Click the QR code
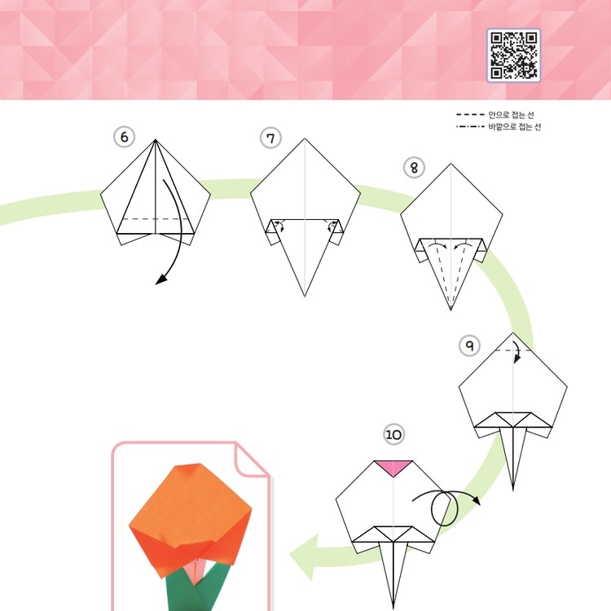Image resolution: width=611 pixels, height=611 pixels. coord(513,55)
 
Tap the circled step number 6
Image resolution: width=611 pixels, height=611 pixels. coord(124,137)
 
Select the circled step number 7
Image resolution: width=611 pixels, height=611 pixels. coord(270,138)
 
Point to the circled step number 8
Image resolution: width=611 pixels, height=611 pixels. coord(414,168)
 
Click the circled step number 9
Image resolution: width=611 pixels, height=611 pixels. coord(469,345)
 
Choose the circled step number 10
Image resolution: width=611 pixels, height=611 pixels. coord(393,434)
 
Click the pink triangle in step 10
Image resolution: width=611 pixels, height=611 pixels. coord(393,468)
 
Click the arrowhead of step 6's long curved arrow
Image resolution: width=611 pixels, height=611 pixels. coord(161,279)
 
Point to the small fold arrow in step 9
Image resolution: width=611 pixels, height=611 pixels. coord(516,351)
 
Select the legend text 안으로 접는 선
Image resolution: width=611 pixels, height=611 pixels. coord(511,115)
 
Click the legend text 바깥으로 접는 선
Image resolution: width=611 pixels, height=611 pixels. coord(515,126)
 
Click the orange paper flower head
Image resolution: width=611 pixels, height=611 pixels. coord(190,518)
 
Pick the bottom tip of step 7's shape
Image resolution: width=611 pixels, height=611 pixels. coord(305,297)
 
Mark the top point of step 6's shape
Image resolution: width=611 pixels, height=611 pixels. coord(156,139)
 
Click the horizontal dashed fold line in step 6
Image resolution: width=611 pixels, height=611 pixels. coord(155,219)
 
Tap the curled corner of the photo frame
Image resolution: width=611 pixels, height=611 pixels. coord(253,459)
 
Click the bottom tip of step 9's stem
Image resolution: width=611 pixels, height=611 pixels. coord(512,490)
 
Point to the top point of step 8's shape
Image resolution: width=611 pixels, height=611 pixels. coord(451,164)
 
